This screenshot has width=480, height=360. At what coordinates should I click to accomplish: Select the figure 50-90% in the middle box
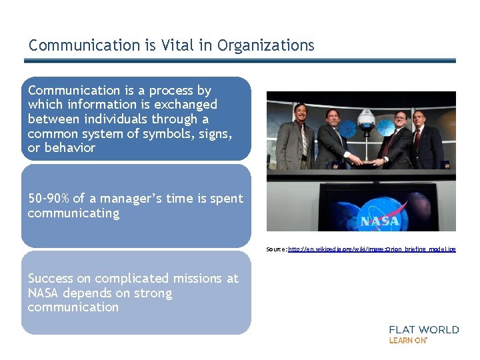pos(48,199)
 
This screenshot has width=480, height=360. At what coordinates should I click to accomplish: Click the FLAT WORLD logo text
pos(423,329)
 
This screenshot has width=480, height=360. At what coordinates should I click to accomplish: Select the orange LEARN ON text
pos(407,340)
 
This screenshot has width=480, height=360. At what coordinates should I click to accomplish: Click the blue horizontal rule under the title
pos(240,61)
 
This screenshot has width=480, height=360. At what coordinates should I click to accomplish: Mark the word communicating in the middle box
pos(73,213)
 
